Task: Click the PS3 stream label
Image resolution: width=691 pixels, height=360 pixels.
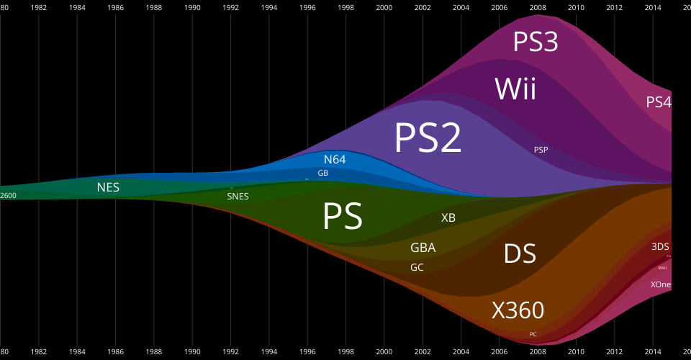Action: tap(536, 42)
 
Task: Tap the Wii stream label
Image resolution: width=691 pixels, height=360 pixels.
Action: tap(515, 89)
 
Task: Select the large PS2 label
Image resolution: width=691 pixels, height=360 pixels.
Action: tap(428, 138)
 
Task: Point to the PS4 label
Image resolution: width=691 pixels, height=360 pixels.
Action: tap(659, 102)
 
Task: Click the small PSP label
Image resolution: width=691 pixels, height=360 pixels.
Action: tap(541, 150)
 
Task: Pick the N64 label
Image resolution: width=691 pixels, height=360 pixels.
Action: tap(335, 160)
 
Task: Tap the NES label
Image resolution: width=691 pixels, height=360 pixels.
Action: tap(108, 188)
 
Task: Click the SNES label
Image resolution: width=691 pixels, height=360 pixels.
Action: tap(238, 196)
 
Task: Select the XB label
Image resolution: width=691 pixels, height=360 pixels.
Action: tap(448, 217)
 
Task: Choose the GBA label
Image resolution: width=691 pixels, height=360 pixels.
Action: tap(423, 248)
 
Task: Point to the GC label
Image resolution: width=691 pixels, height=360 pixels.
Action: tap(417, 267)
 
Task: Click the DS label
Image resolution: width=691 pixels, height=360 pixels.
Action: tap(520, 254)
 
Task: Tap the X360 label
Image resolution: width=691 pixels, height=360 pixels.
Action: tap(518, 310)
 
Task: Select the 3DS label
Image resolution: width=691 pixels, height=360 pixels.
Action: tap(660, 246)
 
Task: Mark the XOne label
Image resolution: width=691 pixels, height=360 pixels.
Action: tap(661, 284)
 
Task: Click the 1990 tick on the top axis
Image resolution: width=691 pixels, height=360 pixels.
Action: tap(192, 7)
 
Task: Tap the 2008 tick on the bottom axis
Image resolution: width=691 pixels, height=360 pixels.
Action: tap(537, 352)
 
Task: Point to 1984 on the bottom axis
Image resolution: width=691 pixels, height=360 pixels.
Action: tap(77, 352)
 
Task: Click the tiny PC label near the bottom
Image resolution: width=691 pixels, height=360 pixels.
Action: tap(533, 334)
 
